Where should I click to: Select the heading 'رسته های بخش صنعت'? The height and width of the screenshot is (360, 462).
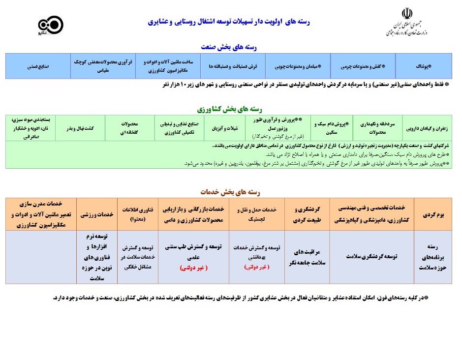[230, 47]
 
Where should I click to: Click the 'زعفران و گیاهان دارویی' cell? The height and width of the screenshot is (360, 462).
[426, 128]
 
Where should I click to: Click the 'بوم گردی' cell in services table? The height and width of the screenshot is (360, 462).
[433, 215]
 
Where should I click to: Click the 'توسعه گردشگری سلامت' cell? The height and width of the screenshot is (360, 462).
[371, 256]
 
